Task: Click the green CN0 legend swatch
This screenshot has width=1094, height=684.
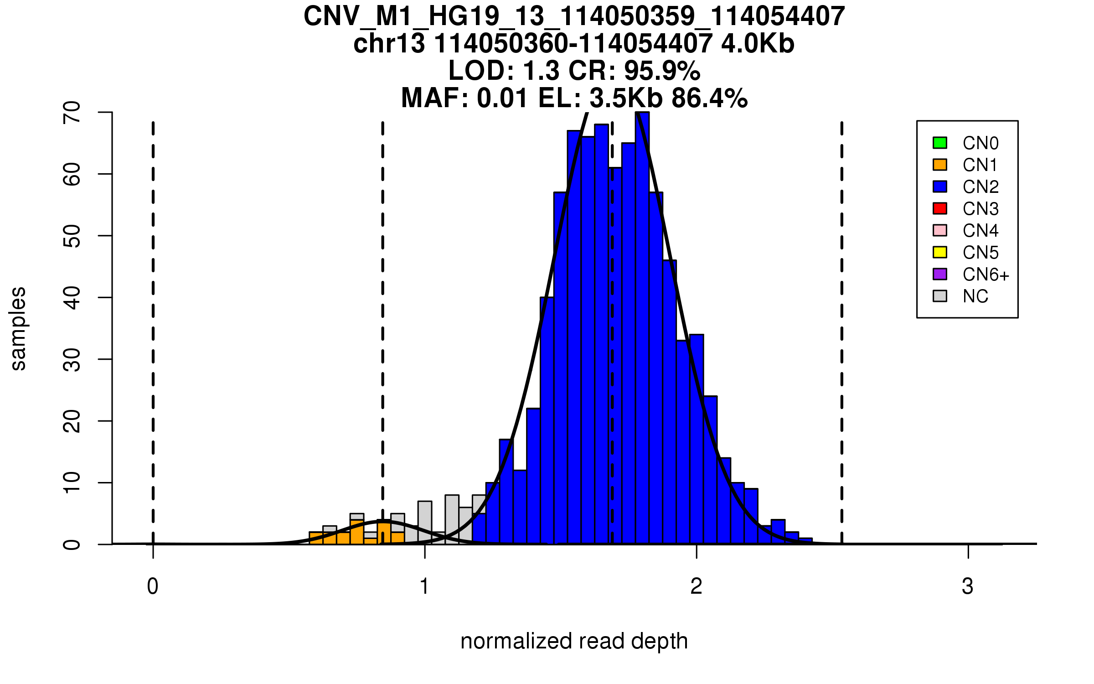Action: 940,143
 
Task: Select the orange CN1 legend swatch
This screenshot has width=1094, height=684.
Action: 940,165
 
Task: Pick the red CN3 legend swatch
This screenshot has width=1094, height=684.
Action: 940,208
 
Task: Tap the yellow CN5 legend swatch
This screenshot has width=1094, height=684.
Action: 940,252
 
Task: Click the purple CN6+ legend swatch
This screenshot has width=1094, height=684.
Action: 940,274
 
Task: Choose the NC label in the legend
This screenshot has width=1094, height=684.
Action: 975,296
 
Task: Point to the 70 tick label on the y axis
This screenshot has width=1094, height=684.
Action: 72,112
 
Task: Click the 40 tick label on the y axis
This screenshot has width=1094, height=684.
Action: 72,297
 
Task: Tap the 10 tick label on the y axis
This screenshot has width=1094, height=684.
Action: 72,482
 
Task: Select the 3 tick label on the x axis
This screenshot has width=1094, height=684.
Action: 968,586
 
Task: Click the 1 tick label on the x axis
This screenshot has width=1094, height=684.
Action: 425,586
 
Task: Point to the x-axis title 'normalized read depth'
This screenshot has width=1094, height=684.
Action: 574,641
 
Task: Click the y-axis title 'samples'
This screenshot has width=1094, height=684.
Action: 18,328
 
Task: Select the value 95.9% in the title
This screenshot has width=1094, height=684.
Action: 662,71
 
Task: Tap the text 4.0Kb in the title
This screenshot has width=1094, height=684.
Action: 758,44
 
